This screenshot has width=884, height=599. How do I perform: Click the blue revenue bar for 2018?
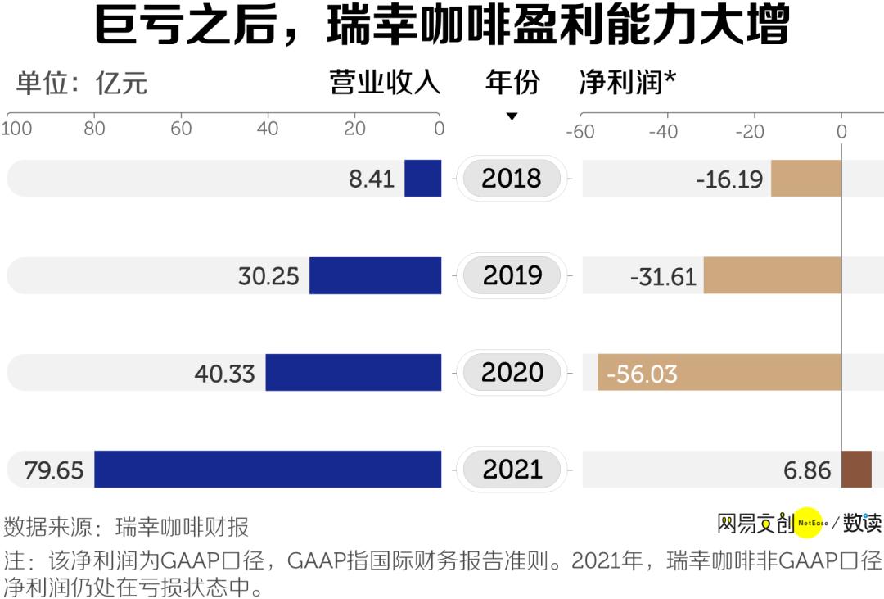[x=422, y=178]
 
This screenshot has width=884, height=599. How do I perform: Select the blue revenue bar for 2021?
[x=268, y=469]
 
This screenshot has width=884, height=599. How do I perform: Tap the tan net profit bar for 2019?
[x=772, y=275]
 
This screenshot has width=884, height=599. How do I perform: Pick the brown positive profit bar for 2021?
[x=856, y=469]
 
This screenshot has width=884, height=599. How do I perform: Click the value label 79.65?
[x=54, y=470]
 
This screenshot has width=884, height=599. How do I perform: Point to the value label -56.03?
[x=642, y=374]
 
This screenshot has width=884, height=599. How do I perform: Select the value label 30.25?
[x=268, y=276]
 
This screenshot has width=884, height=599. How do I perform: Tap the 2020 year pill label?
[x=512, y=373]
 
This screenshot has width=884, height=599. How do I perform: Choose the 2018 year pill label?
[x=512, y=179]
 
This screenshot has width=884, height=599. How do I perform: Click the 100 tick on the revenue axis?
[x=16, y=129]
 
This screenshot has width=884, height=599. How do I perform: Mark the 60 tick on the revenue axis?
[x=181, y=129]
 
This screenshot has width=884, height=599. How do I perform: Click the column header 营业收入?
[x=385, y=83]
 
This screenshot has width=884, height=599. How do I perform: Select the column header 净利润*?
[x=627, y=83]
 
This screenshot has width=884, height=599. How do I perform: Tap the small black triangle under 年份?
[x=512, y=117]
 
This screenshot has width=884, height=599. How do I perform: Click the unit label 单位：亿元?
[x=82, y=83]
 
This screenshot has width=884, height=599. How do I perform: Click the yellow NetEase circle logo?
[x=808, y=522]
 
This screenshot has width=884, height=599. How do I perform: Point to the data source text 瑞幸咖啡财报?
[x=182, y=525]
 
